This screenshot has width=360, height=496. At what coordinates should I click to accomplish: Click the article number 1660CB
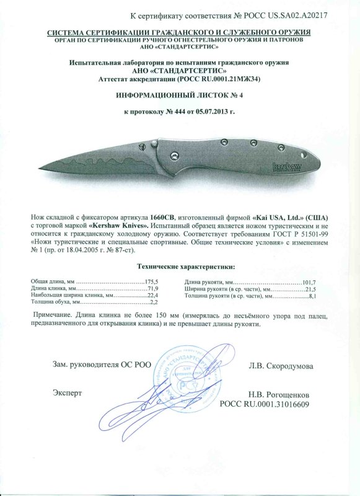tap(160, 216)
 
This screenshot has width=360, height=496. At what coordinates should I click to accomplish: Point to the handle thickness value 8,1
tap(312, 296)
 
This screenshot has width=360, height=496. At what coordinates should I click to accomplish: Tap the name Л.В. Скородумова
tap(281, 366)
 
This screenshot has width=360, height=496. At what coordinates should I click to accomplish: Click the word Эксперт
tap(68, 393)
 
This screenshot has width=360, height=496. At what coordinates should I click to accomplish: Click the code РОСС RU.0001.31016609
tap(265, 404)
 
